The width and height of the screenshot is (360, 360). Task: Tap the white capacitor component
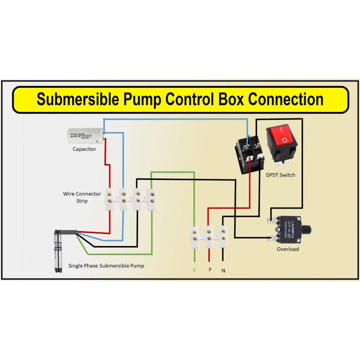tap(85, 135)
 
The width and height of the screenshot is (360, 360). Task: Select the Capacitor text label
tap(85, 149)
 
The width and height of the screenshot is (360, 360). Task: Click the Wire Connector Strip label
tap(82, 197)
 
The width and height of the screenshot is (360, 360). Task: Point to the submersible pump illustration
tap(57, 251)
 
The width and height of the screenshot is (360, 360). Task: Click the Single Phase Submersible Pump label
tap(106, 265)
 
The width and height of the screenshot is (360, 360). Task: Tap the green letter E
tap(194, 270)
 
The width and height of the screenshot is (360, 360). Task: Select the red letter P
tap(209, 270)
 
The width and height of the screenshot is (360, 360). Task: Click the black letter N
tap(223, 270)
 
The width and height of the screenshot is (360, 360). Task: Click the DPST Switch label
tap(280, 175)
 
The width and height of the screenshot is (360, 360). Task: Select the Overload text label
tap(288, 249)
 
